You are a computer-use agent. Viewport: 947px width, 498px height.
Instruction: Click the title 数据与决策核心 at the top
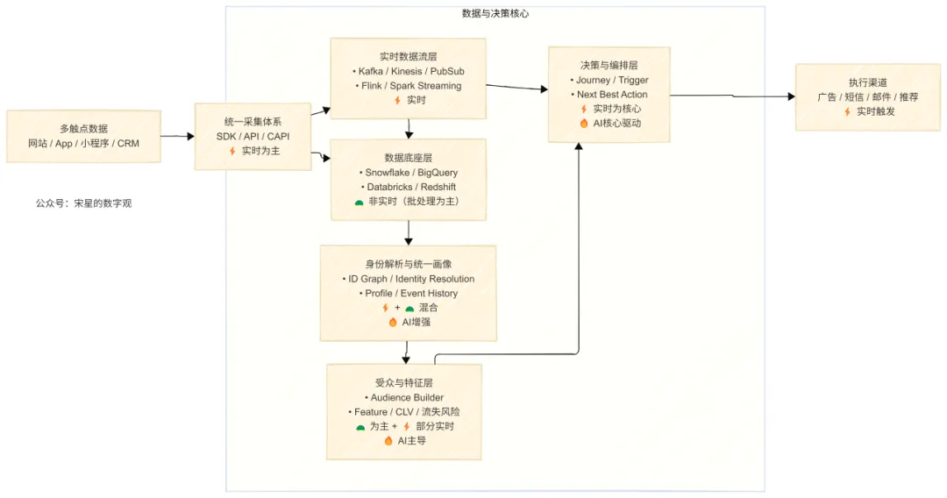[x=495, y=14]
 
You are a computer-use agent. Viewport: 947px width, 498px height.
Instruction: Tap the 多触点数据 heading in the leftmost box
[x=83, y=129]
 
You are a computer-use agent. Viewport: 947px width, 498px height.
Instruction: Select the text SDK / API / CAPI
[x=253, y=137]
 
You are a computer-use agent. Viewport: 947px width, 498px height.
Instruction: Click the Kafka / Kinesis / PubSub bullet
[x=409, y=71]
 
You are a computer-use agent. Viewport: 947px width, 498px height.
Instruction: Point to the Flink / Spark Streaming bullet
[x=409, y=86]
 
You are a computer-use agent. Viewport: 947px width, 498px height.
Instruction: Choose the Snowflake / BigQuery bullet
[x=409, y=173]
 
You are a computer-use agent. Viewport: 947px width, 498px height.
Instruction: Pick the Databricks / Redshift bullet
[x=409, y=187]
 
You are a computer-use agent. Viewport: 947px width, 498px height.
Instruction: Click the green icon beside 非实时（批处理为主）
[x=359, y=202]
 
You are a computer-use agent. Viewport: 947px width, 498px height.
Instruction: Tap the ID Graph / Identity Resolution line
[x=408, y=279]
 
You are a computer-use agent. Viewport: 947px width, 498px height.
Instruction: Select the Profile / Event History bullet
[x=408, y=293]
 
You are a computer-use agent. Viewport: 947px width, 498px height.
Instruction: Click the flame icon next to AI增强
[x=392, y=322]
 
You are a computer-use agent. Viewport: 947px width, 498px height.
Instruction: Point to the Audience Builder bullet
[x=404, y=397]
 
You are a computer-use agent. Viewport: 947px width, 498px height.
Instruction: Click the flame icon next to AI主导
[x=388, y=441]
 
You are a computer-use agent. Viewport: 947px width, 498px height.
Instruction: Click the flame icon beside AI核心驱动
[x=584, y=124]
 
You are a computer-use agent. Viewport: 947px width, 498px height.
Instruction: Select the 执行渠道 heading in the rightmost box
[x=868, y=82]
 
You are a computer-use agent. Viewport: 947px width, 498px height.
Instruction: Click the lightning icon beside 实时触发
[x=847, y=111]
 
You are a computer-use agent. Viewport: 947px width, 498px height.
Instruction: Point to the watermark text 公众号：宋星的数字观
[x=83, y=203]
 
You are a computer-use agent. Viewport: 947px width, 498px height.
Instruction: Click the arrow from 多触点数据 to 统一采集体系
[x=177, y=136]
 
